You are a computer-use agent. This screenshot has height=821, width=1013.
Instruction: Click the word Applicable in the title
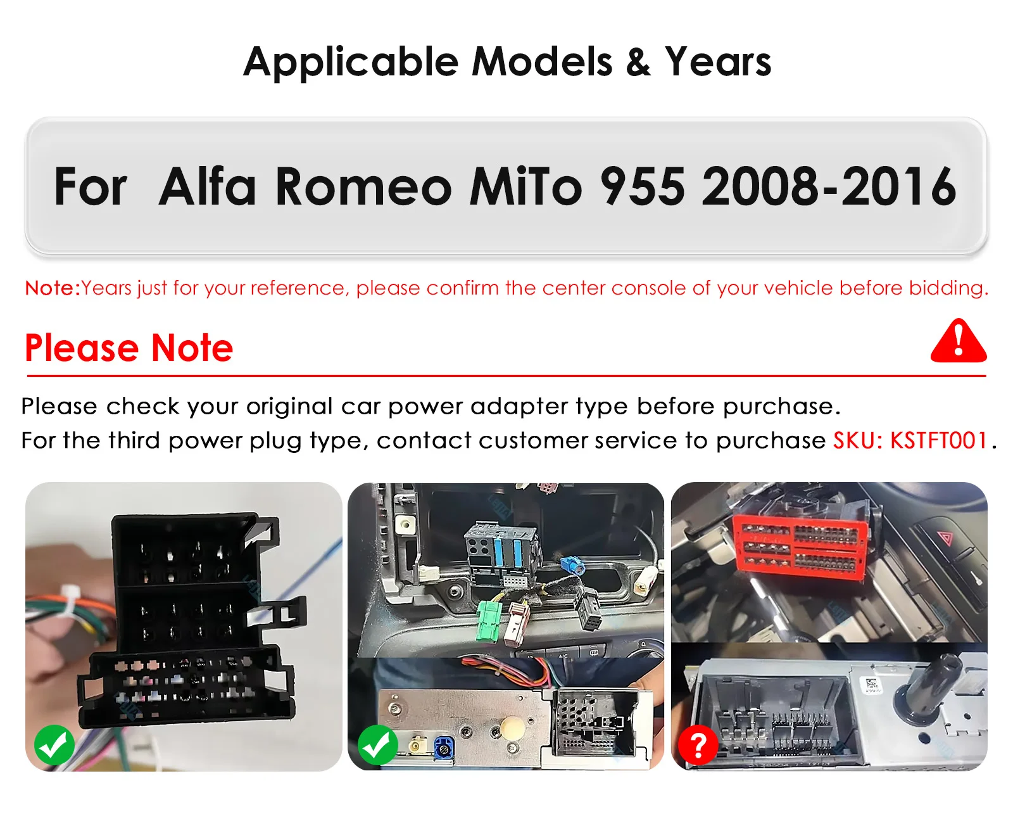(351, 62)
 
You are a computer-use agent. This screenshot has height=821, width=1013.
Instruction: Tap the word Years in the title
(718, 61)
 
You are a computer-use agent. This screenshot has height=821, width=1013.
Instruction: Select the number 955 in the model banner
(643, 187)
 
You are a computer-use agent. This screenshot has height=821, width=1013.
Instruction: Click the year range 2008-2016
(829, 187)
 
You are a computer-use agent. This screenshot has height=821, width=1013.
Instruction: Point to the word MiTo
(525, 186)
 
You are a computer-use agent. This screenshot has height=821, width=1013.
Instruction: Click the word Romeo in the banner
(363, 186)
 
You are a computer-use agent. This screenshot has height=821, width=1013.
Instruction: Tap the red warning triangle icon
(959, 341)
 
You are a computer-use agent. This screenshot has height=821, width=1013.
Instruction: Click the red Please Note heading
(129, 348)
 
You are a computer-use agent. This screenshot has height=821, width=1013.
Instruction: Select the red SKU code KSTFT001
(939, 440)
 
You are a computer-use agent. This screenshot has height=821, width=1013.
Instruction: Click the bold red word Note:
(53, 288)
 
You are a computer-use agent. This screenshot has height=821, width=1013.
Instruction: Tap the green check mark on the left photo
(54, 745)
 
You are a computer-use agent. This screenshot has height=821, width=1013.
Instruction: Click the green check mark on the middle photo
(377, 745)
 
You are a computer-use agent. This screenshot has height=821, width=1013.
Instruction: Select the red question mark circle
(698, 745)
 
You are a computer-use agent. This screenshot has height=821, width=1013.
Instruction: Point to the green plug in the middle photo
(489, 621)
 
